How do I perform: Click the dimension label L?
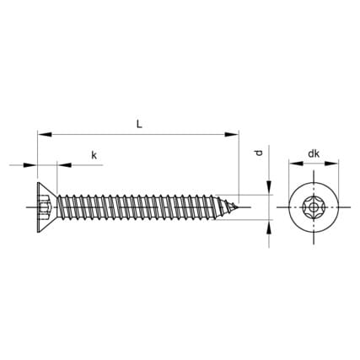(139, 124)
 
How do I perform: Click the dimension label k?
(94, 155)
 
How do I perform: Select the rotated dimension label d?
(259, 153)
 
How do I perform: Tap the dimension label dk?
(314, 153)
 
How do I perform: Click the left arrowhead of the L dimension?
(45, 134)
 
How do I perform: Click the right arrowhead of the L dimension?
(231, 134)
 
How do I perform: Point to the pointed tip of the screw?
(238, 207)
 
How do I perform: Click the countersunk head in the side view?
(47, 207)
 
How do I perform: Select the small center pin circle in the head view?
(313, 208)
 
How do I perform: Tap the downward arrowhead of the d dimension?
(269, 187)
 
